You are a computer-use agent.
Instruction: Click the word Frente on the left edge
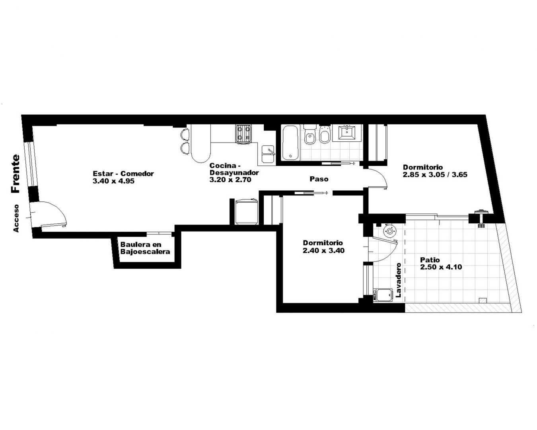pyautogui.click(x=16, y=174)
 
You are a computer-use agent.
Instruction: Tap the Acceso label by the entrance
pyautogui.click(x=16, y=218)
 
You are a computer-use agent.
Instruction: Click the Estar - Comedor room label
pyautogui.click(x=123, y=174)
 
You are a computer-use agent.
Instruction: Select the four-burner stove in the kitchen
pyautogui.click(x=243, y=135)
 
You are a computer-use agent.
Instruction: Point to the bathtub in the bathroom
pyautogui.click(x=290, y=143)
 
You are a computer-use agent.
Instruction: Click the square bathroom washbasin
pyautogui.click(x=347, y=132)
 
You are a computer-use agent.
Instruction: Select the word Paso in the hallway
pyautogui.click(x=319, y=179)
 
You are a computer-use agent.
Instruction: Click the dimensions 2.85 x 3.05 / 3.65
pyautogui.click(x=435, y=174)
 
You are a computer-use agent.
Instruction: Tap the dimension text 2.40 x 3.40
pyautogui.click(x=324, y=250)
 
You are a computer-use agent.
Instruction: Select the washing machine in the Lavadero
pyautogui.click(x=383, y=295)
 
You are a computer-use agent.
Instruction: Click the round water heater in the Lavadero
pyautogui.click(x=389, y=231)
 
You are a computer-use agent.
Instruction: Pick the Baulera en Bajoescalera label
pyautogui.click(x=145, y=248)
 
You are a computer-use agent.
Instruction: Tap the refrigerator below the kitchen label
pyautogui.click(x=246, y=211)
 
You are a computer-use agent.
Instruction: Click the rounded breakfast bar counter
pyautogui.click(x=200, y=143)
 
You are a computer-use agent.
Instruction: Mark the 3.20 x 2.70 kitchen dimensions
pyautogui.click(x=230, y=180)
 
